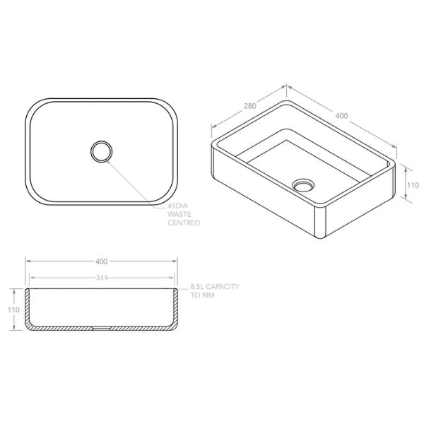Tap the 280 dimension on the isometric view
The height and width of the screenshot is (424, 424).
(x=249, y=106)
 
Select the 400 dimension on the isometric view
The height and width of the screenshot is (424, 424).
(x=341, y=114)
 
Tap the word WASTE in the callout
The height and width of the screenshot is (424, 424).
(x=179, y=214)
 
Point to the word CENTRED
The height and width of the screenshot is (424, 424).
(x=183, y=223)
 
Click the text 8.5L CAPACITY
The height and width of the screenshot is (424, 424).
(x=216, y=288)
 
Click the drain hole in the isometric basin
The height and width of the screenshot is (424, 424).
(x=302, y=184)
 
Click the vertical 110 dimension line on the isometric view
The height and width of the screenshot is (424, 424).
(x=402, y=184)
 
